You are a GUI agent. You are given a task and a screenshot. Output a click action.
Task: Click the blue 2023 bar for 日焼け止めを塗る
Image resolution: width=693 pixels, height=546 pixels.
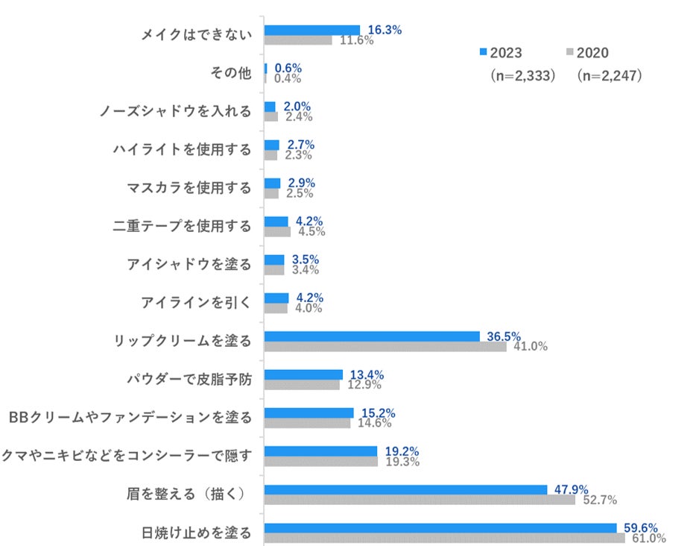point(440,528)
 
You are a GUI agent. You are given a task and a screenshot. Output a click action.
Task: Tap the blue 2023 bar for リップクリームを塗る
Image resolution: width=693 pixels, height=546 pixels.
point(372,336)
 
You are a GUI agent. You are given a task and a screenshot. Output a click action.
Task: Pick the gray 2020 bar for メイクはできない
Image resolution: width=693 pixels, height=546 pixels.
point(298,40)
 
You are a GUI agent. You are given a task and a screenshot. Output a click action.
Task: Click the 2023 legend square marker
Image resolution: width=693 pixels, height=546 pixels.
point(482,52)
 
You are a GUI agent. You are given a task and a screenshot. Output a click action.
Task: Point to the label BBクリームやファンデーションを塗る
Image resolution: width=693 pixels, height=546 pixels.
point(129,417)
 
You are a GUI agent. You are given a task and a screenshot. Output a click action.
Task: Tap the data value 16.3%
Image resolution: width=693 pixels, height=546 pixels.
point(385,30)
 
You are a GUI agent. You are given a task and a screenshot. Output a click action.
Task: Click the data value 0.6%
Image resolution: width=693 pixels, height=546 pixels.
point(288,68)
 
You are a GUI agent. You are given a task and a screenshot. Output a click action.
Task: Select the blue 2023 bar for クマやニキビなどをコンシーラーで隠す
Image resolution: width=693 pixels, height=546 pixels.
point(320,451)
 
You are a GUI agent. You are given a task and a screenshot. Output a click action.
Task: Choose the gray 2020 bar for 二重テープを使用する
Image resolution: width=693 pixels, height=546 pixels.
point(277,231)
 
